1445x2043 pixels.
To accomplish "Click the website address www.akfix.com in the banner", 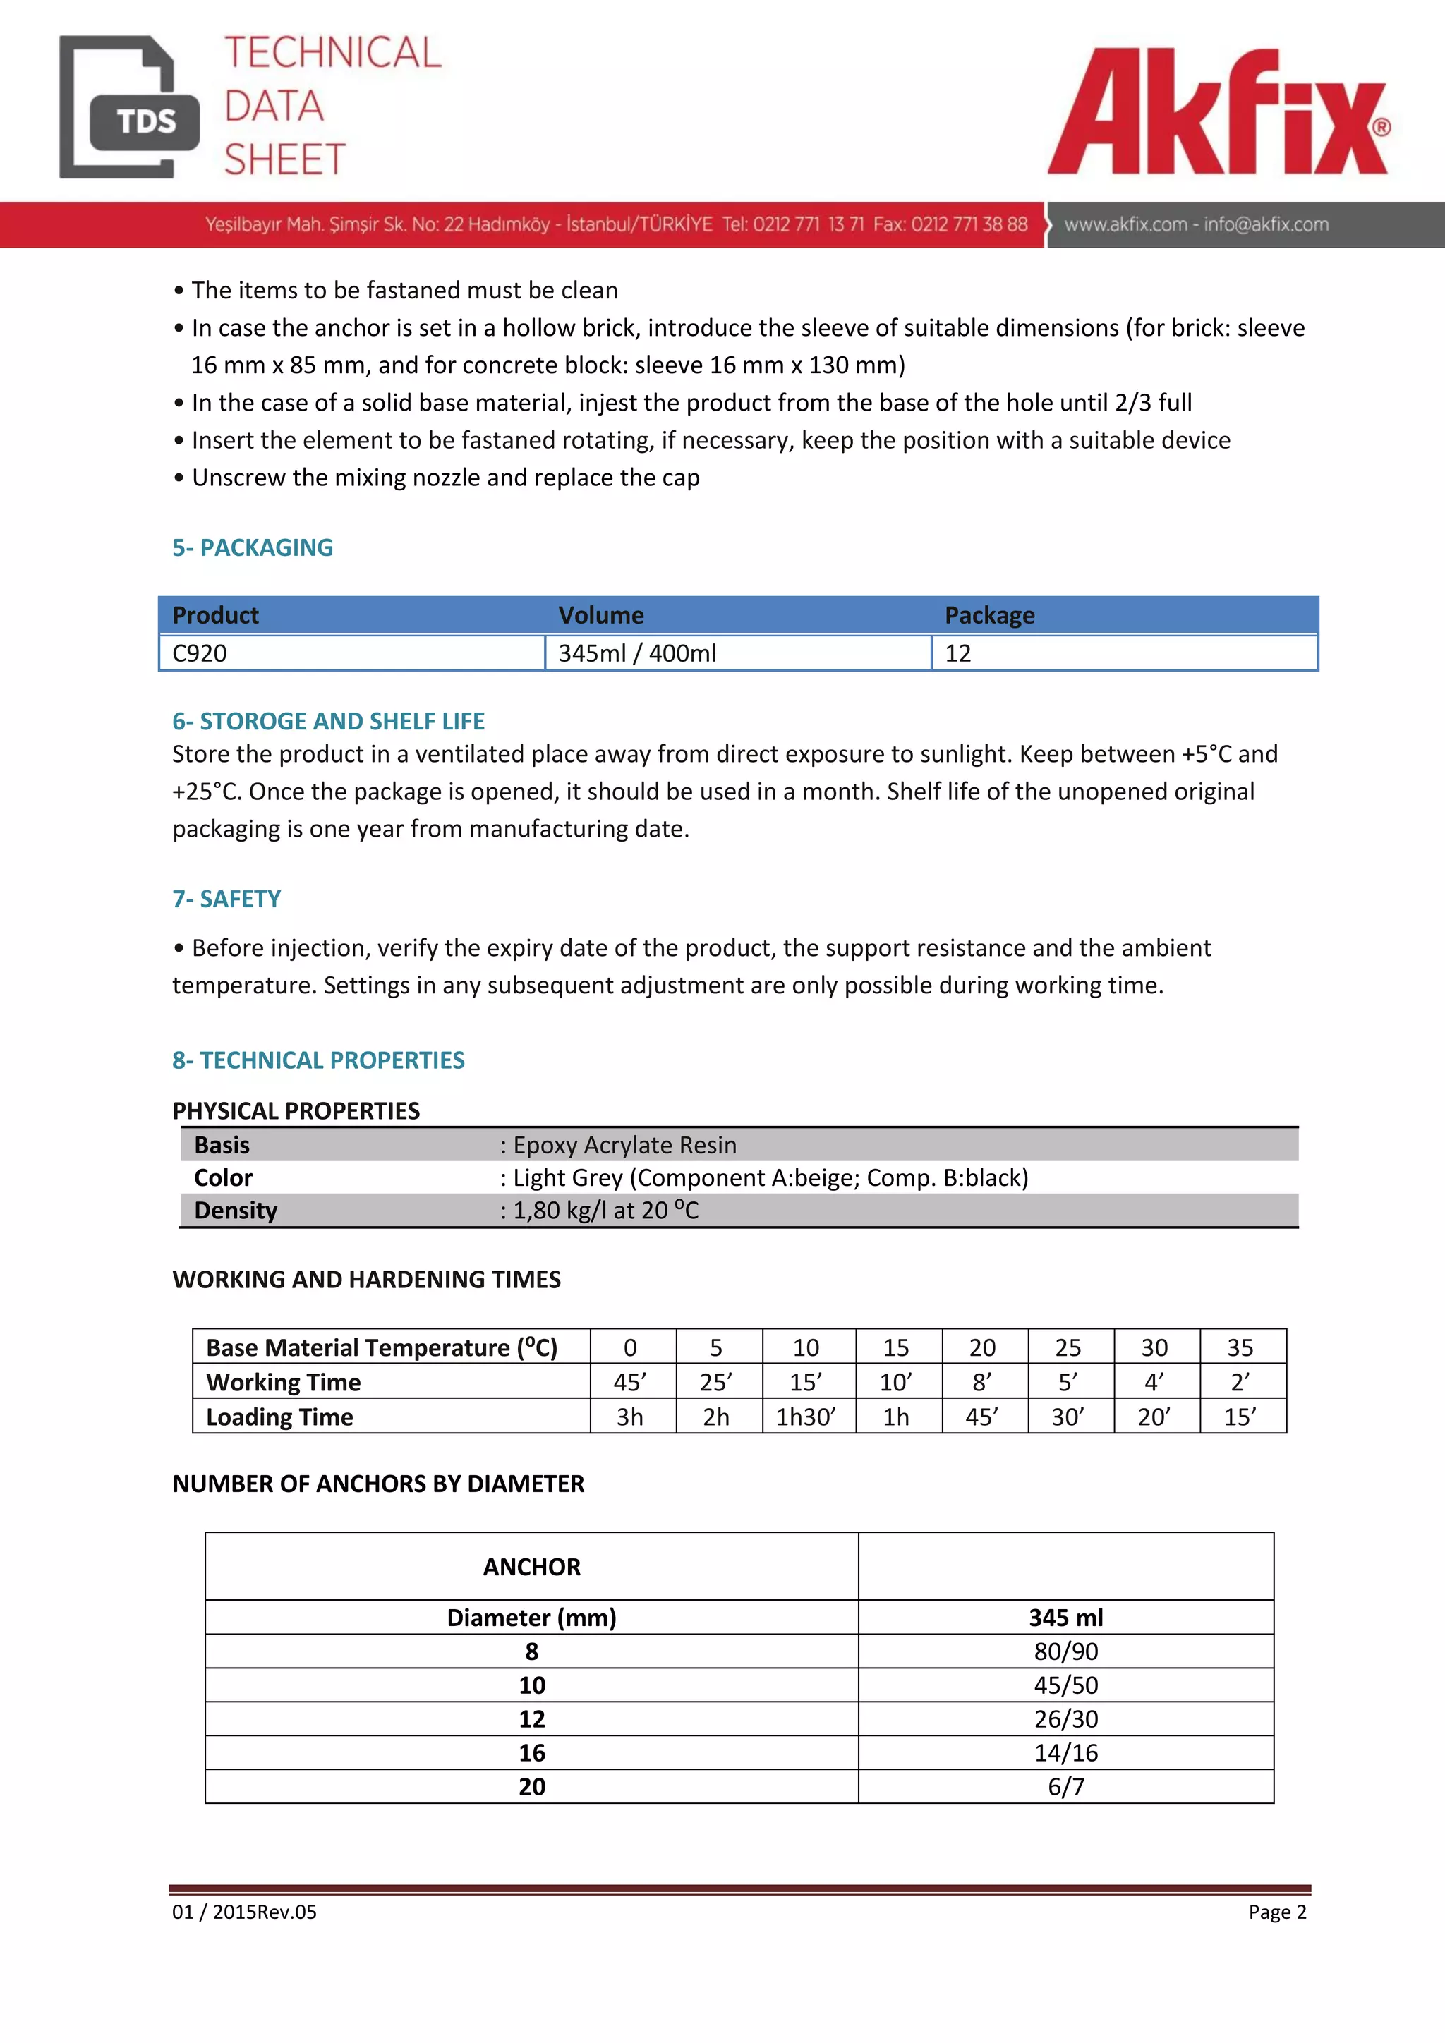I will click(1125, 224).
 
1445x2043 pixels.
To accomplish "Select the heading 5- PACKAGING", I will click(253, 547).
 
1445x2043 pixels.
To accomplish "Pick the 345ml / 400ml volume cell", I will click(637, 653).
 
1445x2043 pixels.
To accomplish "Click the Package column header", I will click(989, 615).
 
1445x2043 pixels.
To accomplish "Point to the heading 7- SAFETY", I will click(227, 899).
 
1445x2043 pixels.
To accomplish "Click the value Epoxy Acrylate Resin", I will click(624, 1145).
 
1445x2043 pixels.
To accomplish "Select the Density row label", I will click(236, 1210).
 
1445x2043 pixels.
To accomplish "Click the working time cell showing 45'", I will click(630, 1382).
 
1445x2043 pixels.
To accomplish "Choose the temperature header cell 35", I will click(1240, 1347).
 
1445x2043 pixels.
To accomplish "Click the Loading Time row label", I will click(279, 1417).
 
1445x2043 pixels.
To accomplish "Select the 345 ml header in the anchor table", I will click(1066, 1617).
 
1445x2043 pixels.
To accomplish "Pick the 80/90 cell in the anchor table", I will click(1066, 1651).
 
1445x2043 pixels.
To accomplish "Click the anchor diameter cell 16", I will click(532, 1752).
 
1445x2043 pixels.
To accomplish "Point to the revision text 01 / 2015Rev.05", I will click(245, 1912).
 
